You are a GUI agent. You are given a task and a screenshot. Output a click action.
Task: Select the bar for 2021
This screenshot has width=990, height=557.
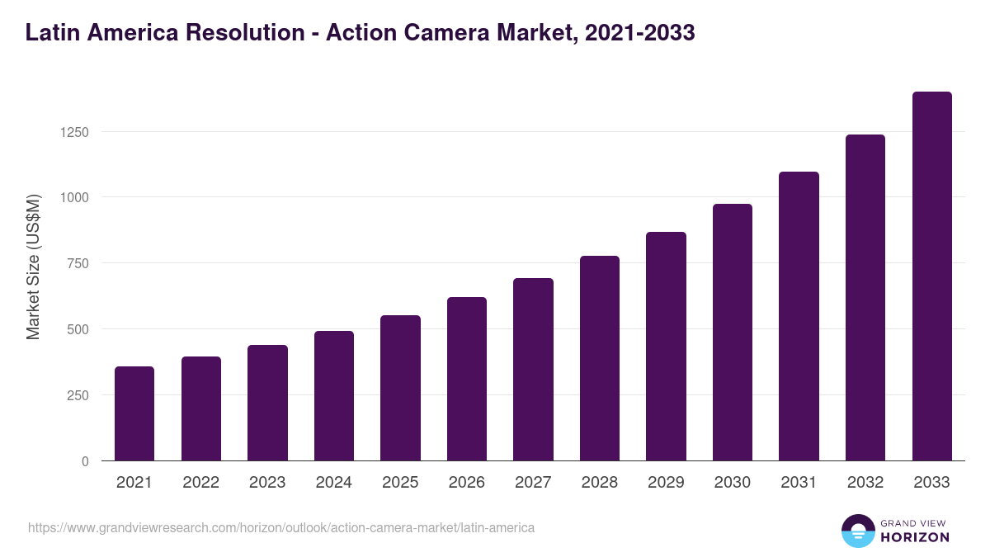134,413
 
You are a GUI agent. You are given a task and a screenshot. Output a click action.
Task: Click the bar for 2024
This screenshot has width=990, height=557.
334,396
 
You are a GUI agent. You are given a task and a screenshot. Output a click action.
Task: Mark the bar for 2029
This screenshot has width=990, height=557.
666,347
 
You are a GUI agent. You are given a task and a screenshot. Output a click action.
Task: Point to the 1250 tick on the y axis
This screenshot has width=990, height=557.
73,132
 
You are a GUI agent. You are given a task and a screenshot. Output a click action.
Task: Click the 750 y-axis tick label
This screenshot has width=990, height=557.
77,263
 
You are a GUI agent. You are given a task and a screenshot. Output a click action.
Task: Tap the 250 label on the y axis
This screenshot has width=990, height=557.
77,395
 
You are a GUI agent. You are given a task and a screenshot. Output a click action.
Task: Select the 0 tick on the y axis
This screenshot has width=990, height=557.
85,461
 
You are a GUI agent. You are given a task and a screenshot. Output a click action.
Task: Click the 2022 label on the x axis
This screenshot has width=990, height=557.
201,483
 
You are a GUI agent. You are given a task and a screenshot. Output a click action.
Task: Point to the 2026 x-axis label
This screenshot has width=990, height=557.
467,483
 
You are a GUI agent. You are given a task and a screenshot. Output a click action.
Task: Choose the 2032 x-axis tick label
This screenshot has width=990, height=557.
865,483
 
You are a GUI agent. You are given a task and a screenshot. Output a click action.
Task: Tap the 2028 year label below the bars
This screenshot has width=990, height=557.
600,483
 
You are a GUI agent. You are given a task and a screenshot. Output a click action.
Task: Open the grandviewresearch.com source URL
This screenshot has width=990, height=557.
281,527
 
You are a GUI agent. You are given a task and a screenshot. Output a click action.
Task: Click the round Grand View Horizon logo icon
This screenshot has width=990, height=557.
857,531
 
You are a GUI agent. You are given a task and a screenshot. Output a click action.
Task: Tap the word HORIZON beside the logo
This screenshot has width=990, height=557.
915,537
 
